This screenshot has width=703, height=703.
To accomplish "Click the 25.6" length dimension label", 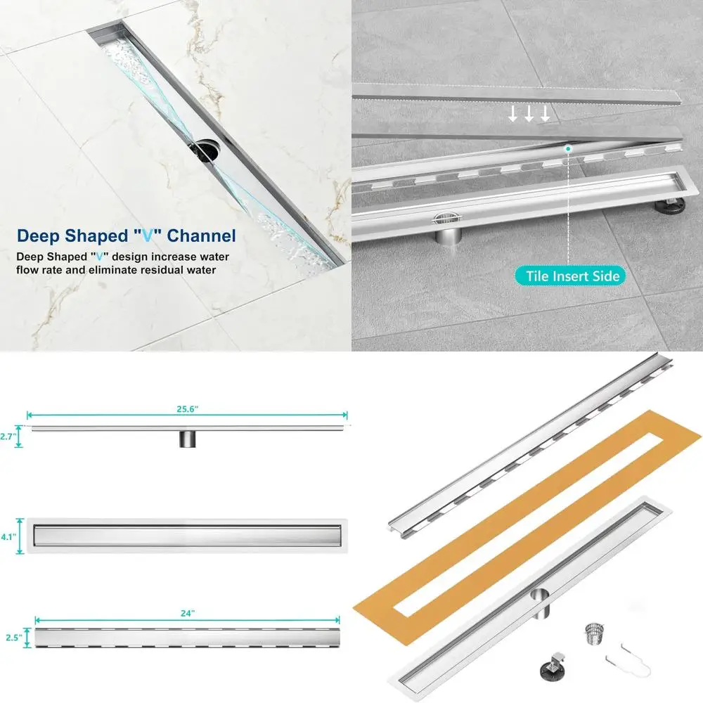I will pos(186,407).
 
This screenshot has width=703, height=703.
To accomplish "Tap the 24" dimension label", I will pos(187,612).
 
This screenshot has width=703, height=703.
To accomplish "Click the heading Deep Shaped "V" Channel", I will pos(127,236).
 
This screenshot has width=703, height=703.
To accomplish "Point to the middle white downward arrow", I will pos(529,114).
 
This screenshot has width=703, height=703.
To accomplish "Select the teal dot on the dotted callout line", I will pos(567,148).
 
